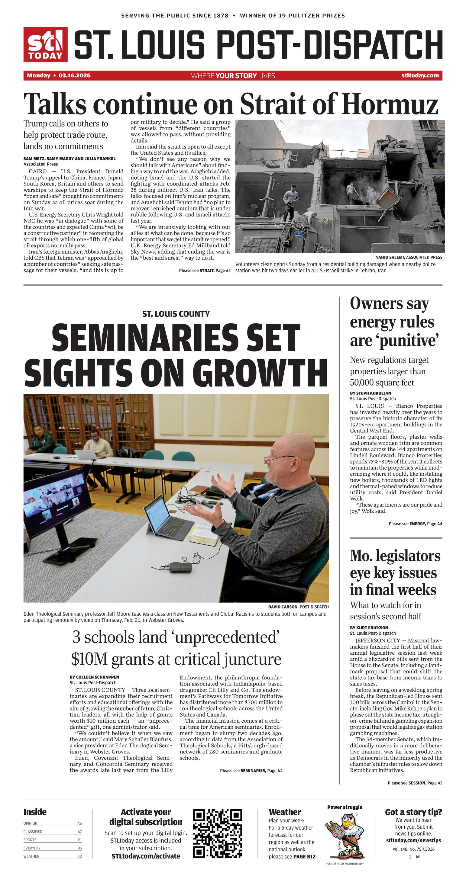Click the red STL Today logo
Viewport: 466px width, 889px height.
[x=45, y=44]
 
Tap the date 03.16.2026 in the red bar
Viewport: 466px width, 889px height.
[x=74, y=75]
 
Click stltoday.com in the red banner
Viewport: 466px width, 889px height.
[x=420, y=75]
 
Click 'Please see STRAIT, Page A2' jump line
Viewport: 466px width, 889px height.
[x=205, y=271]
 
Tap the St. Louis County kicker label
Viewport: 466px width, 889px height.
[x=176, y=314]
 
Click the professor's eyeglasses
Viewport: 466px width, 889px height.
[x=276, y=459]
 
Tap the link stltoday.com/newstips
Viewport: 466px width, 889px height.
[x=413, y=840]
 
